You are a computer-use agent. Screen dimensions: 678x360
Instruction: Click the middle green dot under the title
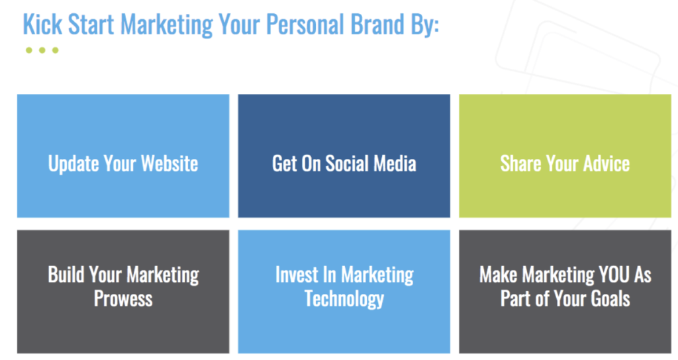point(42,50)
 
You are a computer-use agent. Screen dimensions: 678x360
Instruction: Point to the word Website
point(169,163)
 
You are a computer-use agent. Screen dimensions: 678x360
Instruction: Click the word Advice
point(606,163)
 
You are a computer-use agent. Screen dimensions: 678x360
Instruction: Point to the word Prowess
point(123,298)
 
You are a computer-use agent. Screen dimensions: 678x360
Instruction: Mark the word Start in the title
point(91,24)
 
